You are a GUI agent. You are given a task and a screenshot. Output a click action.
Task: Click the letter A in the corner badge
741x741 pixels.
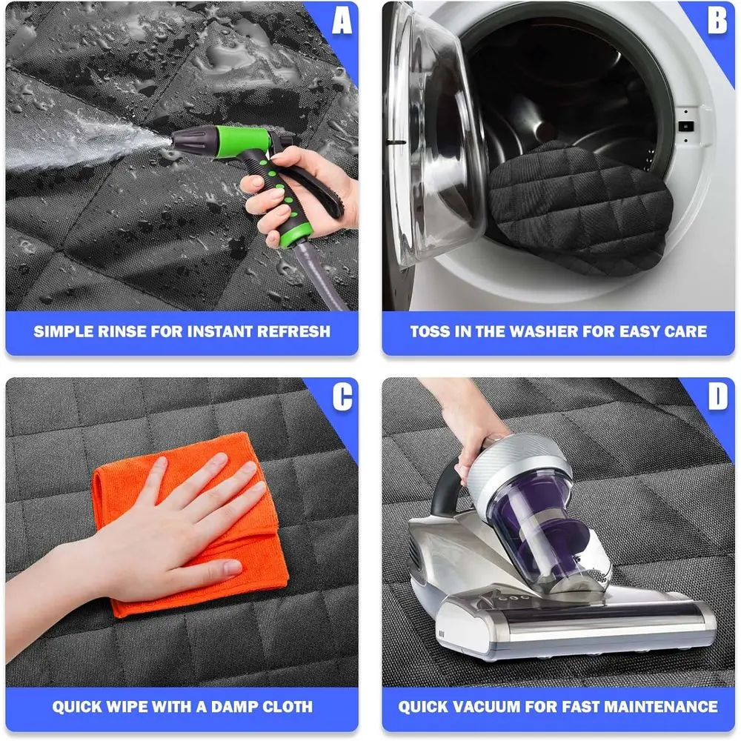pos(342,21)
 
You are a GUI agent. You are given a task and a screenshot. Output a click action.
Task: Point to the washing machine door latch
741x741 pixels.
pos(686,126)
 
